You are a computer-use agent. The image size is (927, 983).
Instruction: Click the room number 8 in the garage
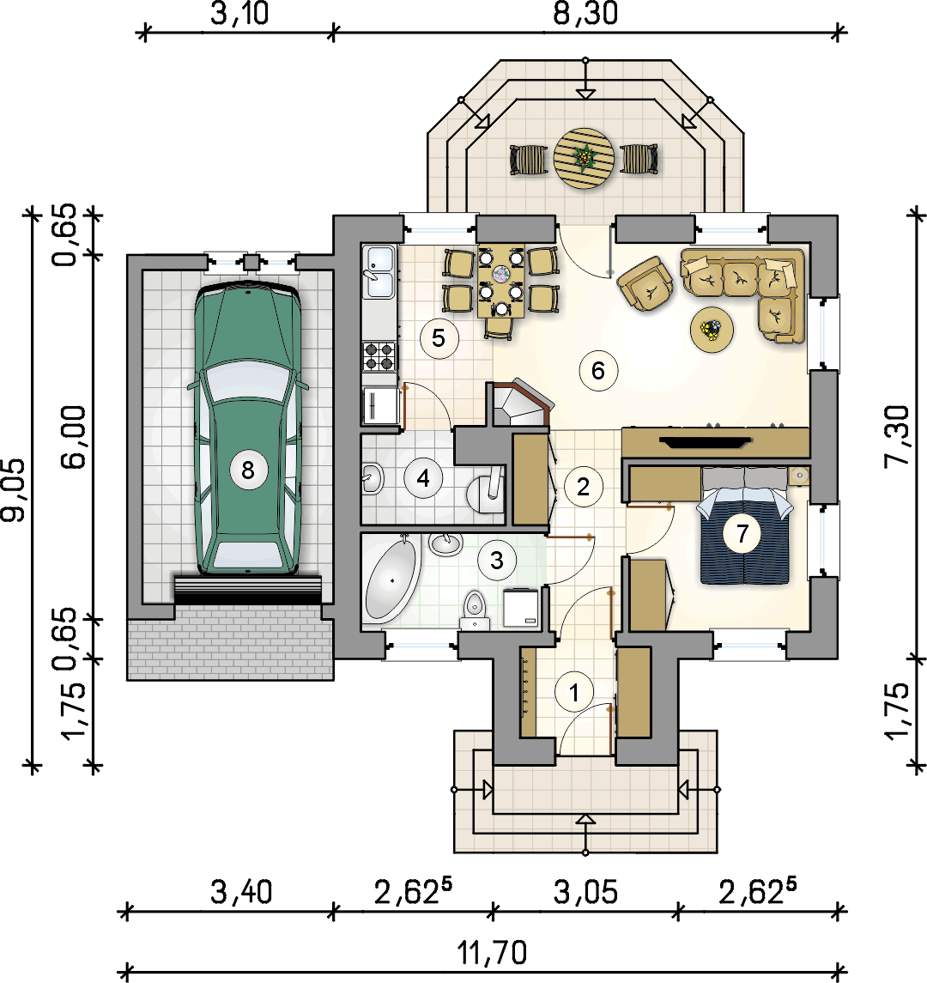click(247, 470)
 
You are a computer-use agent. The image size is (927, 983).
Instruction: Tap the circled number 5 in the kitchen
click(439, 338)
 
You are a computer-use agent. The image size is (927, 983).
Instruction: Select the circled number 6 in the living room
click(598, 371)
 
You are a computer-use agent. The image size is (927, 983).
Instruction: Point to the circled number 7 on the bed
click(742, 533)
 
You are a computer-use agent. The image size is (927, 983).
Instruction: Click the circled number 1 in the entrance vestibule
click(573, 692)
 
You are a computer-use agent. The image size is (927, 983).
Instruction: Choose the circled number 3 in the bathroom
click(496, 561)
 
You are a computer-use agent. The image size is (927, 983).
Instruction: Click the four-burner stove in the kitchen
click(379, 356)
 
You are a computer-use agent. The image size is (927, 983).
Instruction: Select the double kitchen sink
click(380, 272)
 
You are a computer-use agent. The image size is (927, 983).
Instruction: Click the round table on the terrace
click(585, 159)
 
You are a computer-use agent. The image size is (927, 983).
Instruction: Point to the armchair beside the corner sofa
click(645, 283)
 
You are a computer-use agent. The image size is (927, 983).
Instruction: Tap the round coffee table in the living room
click(712, 329)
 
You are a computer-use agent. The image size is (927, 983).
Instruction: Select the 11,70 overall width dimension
click(492, 953)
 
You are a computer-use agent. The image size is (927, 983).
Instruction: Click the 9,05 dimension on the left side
click(14, 489)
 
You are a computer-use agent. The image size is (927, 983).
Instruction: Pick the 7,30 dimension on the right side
click(897, 436)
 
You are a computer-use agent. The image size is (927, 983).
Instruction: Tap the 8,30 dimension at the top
click(585, 14)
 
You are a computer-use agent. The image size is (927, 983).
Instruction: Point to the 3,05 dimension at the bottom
click(585, 891)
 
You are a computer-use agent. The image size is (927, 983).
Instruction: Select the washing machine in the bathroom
click(521, 608)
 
